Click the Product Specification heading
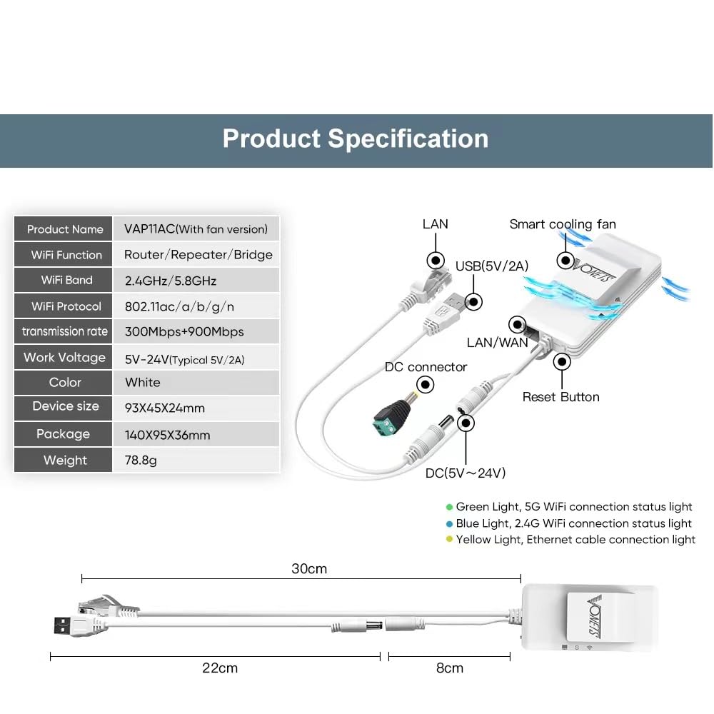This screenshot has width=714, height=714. point(355,139)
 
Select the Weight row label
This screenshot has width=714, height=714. point(65,460)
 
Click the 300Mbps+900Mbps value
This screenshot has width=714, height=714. point(184,331)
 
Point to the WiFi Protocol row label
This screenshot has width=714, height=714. point(66,306)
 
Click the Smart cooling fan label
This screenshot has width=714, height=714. point(563,224)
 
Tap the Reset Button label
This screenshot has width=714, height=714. point(560,397)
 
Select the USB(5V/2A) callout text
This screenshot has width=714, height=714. point(492,266)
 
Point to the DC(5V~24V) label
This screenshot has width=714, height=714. point(466,473)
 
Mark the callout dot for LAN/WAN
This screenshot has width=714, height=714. point(517,324)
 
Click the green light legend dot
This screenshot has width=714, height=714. point(449,507)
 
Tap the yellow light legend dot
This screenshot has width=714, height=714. point(449,539)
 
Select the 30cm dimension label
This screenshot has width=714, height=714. point(309,569)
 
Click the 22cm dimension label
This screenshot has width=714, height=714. point(220,668)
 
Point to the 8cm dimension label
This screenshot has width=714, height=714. point(449,668)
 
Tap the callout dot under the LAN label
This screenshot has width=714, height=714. point(436,261)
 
